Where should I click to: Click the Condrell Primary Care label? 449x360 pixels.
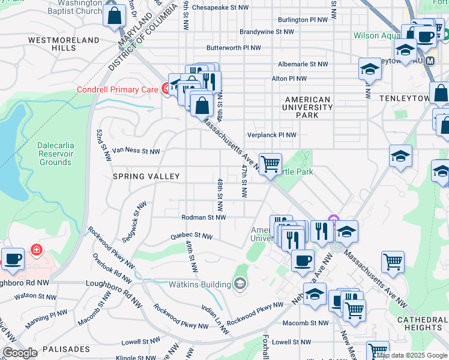click(118, 90)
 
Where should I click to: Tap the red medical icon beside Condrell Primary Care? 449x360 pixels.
click(166, 89)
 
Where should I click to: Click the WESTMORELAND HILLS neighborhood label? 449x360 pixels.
click(63, 44)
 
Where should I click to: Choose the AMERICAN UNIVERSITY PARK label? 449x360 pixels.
click(308, 107)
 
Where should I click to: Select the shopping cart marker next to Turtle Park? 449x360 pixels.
click(271, 163)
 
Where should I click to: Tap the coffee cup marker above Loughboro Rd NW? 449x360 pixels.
click(13, 259)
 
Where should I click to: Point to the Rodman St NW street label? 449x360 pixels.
click(203, 217)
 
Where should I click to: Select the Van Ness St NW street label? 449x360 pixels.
click(136, 151)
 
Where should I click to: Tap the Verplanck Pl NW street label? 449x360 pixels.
click(272, 135)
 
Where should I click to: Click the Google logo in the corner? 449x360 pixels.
click(20, 353)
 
